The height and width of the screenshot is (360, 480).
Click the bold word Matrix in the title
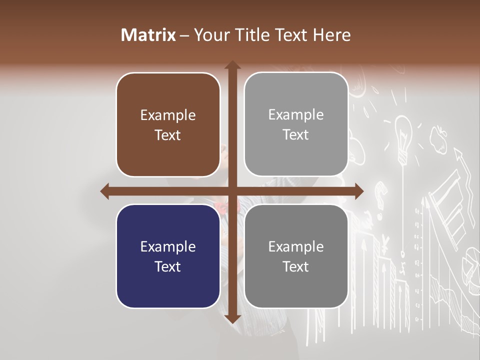[x=148, y=35]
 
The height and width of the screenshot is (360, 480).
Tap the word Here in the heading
[x=331, y=35]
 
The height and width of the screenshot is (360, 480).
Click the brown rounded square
[x=168, y=125]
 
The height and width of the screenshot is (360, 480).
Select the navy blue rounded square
[x=168, y=256]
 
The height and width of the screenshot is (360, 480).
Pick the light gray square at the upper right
[x=296, y=124]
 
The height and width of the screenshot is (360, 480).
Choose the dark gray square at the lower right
[x=296, y=256]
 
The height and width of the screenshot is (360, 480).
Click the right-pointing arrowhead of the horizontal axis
[x=359, y=191]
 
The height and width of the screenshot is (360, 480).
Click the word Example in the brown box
[x=168, y=115]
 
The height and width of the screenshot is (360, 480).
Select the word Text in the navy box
[x=168, y=266]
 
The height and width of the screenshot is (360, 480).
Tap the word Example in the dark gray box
[x=296, y=246]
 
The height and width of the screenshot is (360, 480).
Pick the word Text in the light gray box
[x=296, y=135]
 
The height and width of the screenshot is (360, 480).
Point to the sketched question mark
[x=381, y=193]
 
